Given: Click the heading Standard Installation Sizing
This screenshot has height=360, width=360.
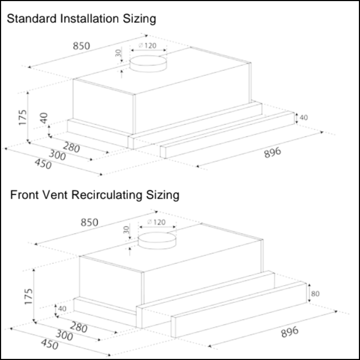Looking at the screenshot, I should [81, 19].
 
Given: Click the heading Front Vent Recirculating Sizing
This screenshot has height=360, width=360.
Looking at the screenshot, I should [94, 195].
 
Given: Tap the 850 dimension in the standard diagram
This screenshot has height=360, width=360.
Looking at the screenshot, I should [81, 46].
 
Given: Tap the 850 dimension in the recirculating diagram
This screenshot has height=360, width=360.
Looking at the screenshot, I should [89, 222].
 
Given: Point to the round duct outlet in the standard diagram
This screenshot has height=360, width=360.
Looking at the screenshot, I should [148, 64].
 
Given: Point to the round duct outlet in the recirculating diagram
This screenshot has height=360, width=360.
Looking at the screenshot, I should [157, 240].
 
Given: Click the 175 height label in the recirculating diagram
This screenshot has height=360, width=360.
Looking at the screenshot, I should [29, 296].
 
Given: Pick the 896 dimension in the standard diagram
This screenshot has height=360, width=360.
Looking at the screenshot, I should [273, 153].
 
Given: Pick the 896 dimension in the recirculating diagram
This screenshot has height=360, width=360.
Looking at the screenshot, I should [290, 332].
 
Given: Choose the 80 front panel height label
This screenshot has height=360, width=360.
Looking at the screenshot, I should [315, 294].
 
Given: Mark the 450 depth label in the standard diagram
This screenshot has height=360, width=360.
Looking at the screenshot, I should [43, 164].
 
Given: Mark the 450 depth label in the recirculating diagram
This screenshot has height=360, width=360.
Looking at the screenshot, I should [49, 345].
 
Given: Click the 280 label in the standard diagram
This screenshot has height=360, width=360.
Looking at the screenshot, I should [71, 147].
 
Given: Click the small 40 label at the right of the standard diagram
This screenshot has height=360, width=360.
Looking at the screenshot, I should [304, 118].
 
